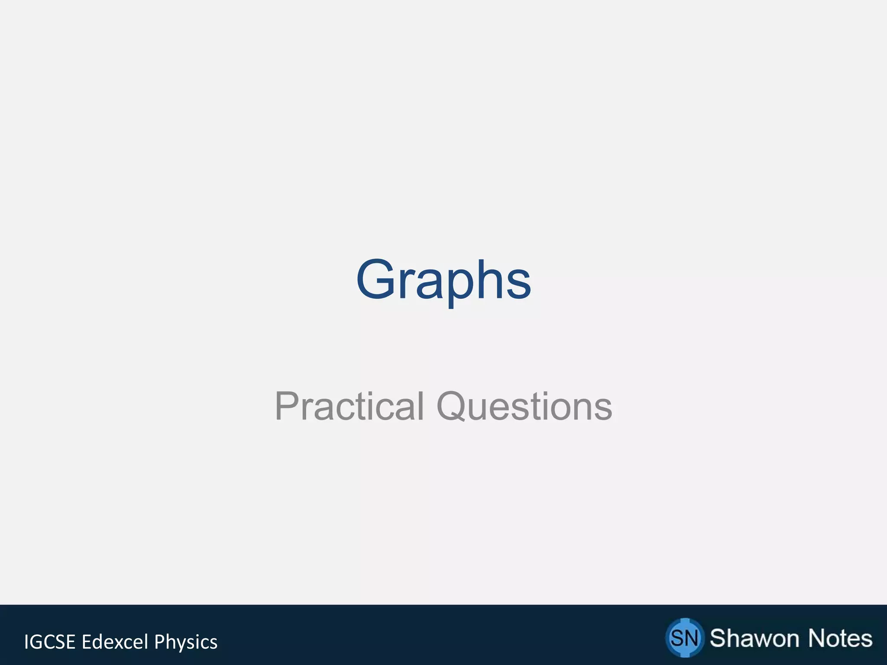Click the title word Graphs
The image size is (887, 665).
click(443, 281)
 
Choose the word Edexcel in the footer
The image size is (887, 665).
click(115, 642)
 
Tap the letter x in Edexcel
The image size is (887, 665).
click(121, 643)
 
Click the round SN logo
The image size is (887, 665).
click(684, 638)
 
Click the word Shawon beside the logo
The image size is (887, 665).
click(756, 639)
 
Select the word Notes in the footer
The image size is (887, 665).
click(840, 639)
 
